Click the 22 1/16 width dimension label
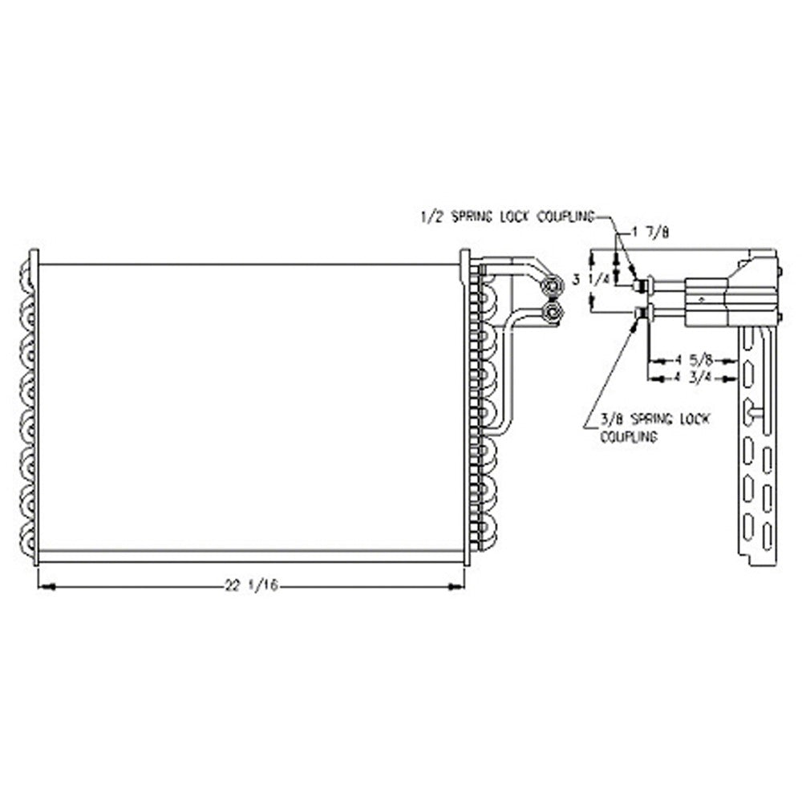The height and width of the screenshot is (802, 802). point(252,585)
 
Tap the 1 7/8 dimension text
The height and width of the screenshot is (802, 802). point(650,233)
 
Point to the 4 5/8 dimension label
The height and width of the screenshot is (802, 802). point(693,361)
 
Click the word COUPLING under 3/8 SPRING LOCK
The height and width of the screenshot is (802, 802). point(629,437)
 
